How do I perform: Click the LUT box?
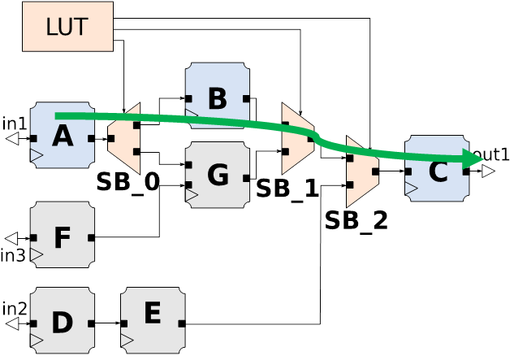[x=67, y=26]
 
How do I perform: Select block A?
[x=62, y=136]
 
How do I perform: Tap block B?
[x=217, y=98]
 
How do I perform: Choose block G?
[x=217, y=175]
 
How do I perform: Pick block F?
[x=62, y=237]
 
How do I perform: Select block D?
[x=62, y=323]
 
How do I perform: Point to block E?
[x=153, y=314]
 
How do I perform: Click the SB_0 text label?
[x=127, y=182]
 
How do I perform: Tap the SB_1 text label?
[x=287, y=189]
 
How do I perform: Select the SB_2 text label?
[x=356, y=220]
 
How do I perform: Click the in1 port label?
[x=15, y=124]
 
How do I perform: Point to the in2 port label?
[x=15, y=308]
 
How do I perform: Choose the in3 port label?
[x=13, y=256]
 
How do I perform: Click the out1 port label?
[x=492, y=154]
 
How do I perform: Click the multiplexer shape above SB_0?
[x=124, y=138]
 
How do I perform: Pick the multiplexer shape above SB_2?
[x=361, y=171]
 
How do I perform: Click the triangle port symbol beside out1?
[x=487, y=171]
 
